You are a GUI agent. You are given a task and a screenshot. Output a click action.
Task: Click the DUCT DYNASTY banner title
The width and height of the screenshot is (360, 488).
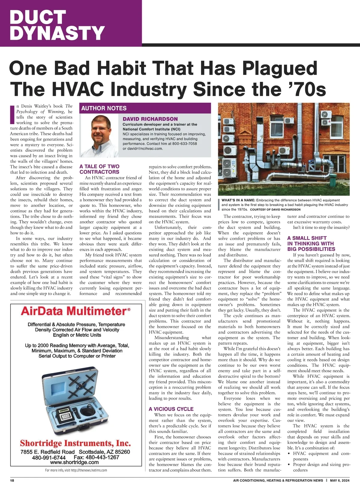click(57, 25)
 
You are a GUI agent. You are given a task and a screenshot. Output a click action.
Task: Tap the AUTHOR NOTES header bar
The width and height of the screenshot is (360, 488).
click(104, 108)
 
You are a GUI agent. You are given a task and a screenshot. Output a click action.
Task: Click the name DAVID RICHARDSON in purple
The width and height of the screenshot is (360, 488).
click(150, 119)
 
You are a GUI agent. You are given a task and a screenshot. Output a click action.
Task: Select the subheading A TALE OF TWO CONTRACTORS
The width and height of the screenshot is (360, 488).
click(99, 169)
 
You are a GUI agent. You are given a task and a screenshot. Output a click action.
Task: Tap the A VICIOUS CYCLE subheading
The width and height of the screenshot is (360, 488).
click(171, 409)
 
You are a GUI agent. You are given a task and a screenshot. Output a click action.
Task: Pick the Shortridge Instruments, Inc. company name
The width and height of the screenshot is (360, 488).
click(75, 443)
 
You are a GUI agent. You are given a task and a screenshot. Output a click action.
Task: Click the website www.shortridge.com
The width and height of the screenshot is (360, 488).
click(74, 462)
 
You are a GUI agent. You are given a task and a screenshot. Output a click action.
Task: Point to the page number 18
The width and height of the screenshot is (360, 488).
click(12, 481)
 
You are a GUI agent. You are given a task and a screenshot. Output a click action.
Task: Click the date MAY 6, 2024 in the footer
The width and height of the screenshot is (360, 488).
click(340, 481)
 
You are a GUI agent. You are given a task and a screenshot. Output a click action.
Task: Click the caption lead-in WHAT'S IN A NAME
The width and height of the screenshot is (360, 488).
click(238, 200)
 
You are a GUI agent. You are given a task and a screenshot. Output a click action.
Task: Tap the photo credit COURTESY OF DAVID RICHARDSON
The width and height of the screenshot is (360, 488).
click(275, 210)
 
